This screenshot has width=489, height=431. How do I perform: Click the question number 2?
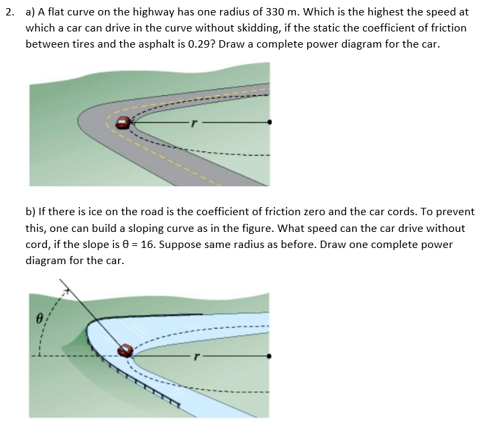pos(8,13)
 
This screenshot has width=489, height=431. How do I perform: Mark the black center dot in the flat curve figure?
pos(270,123)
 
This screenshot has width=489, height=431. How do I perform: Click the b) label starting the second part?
pos(31,212)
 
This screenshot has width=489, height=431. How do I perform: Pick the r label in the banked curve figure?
pos(194,357)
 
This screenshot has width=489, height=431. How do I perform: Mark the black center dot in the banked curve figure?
pos(270,357)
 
